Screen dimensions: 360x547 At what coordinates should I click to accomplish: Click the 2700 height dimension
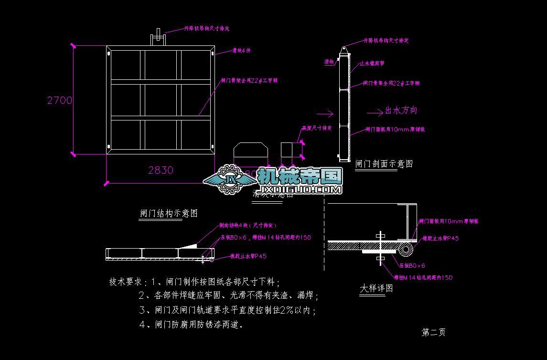(x=60, y=100)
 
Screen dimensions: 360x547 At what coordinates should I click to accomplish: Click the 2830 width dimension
(x=161, y=170)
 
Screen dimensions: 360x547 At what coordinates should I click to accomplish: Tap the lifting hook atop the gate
(x=158, y=38)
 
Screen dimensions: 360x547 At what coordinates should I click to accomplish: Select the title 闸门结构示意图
(x=169, y=213)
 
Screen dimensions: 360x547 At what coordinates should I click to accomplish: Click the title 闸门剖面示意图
(x=384, y=164)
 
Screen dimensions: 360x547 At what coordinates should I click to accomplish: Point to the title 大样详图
(x=376, y=288)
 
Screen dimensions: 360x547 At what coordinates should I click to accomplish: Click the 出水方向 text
(x=401, y=110)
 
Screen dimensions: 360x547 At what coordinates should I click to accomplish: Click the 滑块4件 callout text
(x=241, y=50)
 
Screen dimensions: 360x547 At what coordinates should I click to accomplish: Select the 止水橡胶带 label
(x=372, y=63)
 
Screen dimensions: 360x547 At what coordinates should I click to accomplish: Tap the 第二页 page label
(x=433, y=332)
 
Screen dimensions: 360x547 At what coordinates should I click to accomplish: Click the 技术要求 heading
(x=126, y=282)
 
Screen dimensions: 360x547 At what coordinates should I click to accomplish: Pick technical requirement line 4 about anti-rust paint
(x=191, y=325)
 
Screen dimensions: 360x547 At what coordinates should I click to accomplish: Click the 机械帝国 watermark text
(x=300, y=176)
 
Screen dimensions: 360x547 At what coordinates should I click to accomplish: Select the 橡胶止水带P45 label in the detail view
(x=440, y=238)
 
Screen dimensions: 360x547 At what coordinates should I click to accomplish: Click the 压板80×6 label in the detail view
(x=412, y=265)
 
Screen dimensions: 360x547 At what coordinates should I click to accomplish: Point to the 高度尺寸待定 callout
(x=317, y=128)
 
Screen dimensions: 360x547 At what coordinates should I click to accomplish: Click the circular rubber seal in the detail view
(x=406, y=248)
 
